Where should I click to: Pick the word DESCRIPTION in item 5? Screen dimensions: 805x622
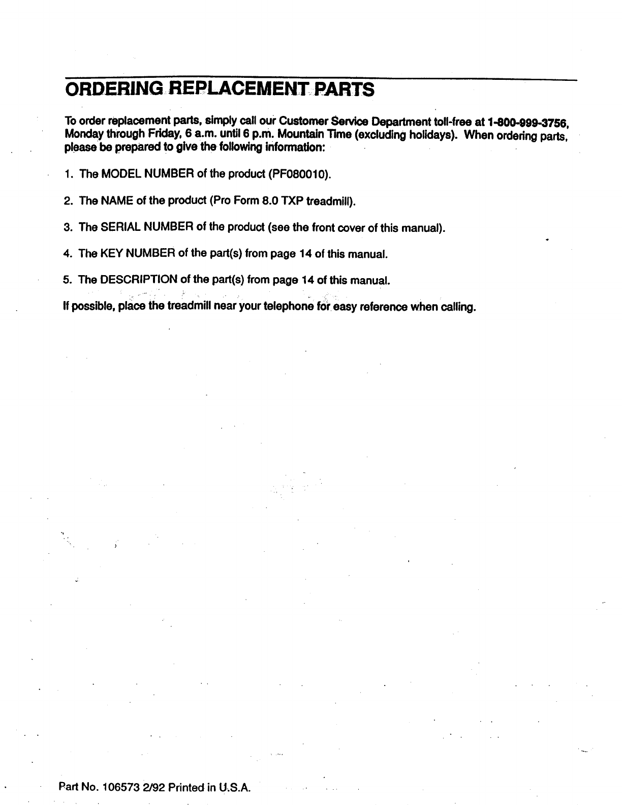[x=139, y=280]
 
